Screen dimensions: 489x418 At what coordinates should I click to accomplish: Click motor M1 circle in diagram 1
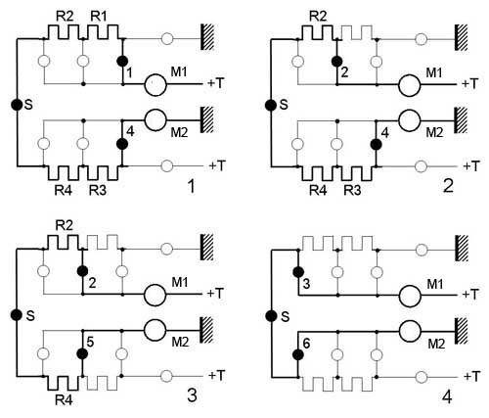tap(156, 85)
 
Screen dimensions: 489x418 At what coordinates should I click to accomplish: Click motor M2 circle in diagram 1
tap(156, 119)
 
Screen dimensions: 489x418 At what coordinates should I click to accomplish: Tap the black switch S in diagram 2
tap(270, 106)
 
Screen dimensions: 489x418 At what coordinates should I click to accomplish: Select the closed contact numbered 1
tap(122, 61)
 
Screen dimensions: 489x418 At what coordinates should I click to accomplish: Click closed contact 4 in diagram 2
tap(377, 144)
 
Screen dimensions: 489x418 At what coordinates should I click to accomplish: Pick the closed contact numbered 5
tap(82, 353)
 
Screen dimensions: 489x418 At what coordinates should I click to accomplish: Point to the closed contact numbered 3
tap(297, 272)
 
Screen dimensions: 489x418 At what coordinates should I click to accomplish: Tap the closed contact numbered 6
tap(297, 354)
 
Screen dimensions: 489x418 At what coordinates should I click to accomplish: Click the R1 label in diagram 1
tap(99, 16)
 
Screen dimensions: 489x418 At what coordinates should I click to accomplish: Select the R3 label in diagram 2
tap(352, 190)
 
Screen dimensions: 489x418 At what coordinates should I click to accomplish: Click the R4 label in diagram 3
tap(64, 400)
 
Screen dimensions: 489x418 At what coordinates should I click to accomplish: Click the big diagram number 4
tap(447, 397)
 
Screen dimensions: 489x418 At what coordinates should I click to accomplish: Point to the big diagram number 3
tap(193, 396)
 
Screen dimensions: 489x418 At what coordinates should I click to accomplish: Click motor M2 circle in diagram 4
tap(410, 331)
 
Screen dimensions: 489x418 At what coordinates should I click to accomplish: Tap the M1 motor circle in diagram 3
tap(156, 295)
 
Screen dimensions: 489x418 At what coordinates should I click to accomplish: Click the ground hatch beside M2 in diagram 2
tap(462, 120)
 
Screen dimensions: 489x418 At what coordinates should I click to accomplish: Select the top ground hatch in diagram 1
tap(207, 37)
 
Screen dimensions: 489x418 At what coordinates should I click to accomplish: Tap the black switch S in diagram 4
tap(271, 316)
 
